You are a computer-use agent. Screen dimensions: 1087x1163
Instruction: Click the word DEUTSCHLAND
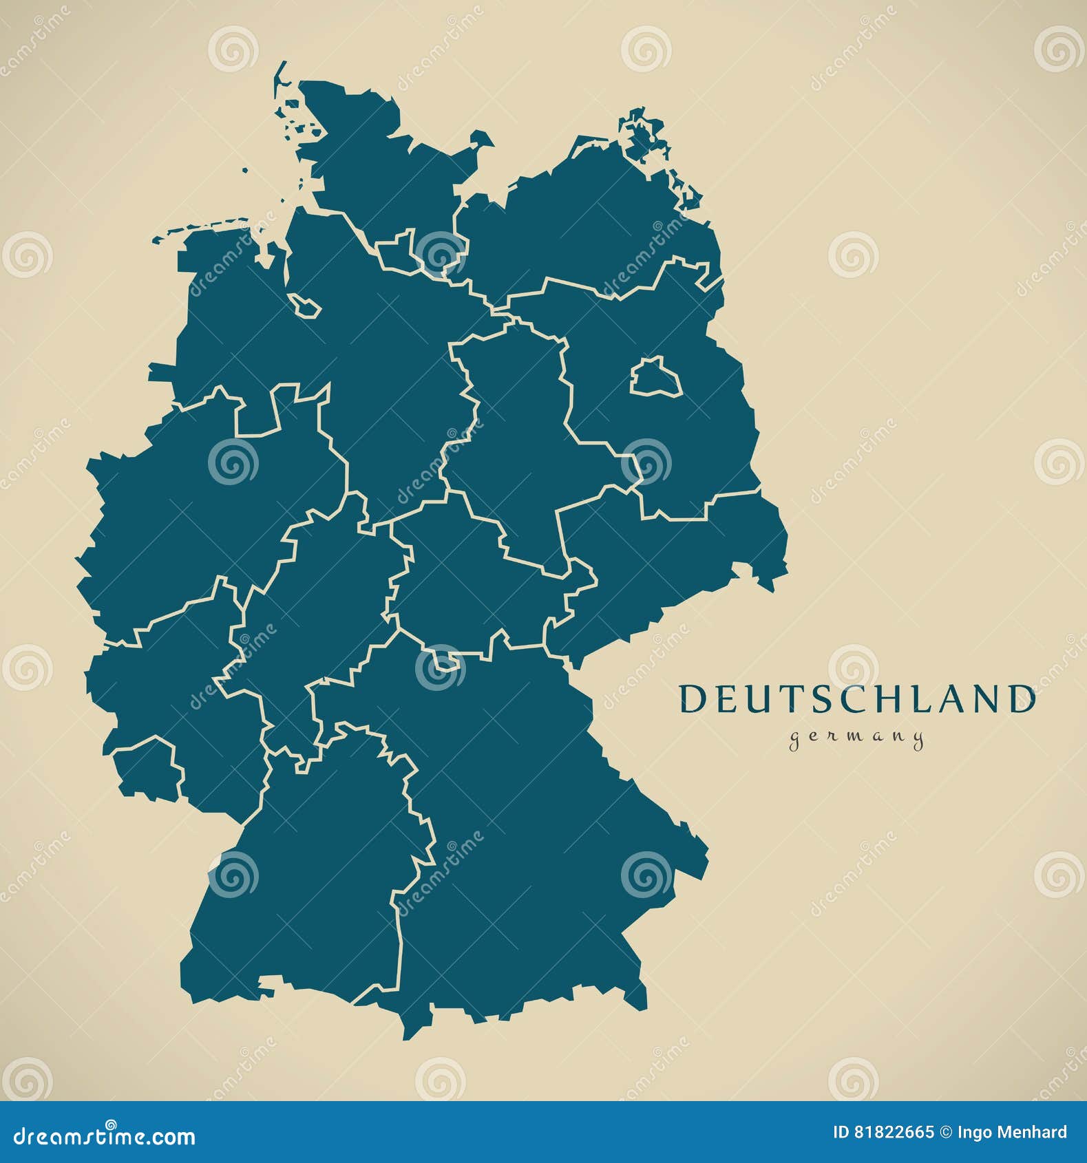click(x=856, y=698)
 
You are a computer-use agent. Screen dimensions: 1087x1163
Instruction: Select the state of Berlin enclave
click(x=655, y=378)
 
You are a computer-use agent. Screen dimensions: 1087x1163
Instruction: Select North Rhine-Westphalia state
click(x=207, y=509)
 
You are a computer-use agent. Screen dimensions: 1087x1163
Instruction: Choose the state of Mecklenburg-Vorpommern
click(x=585, y=220)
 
